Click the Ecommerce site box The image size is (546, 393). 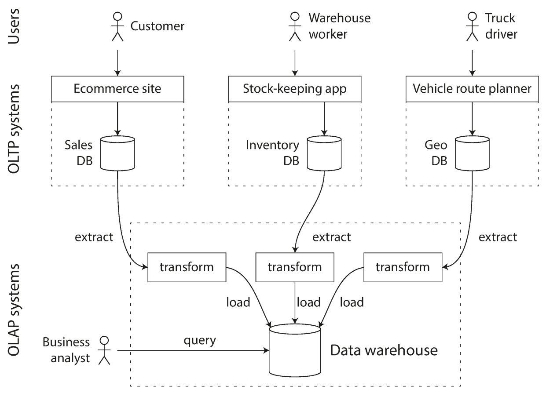(x=117, y=89)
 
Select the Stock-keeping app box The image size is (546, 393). (x=295, y=89)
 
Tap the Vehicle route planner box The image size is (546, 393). (x=472, y=89)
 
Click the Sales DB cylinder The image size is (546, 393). (x=117, y=153)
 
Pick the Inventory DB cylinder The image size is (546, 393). (x=324, y=153)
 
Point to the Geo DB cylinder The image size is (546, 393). (x=472, y=153)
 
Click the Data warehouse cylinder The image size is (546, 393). (x=295, y=350)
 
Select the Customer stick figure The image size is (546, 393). (x=117, y=26)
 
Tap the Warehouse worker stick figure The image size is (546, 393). (x=295, y=26)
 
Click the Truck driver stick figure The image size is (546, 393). (x=472, y=26)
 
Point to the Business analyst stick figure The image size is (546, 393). (x=104, y=350)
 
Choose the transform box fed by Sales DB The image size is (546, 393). (x=187, y=267)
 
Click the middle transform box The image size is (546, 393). (x=295, y=267)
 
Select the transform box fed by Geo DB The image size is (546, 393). (x=403, y=267)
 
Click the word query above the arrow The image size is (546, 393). (x=200, y=340)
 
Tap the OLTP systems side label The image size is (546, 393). (x=14, y=129)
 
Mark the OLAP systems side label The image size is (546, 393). (x=14, y=310)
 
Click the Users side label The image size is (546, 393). (x=14, y=26)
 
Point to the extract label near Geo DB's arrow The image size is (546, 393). (x=498, y=237)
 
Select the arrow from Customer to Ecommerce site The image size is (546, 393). (x=117, y=63)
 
